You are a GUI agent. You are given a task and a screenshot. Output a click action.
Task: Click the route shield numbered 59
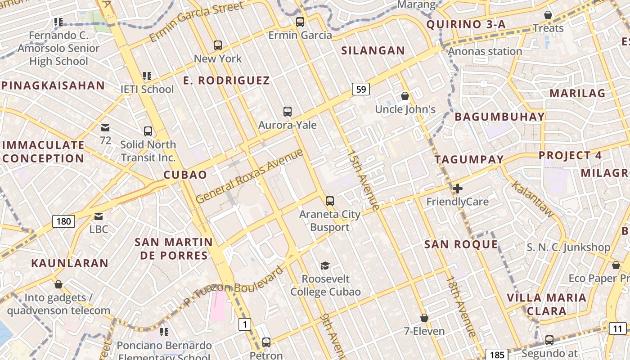[x=361, y=89]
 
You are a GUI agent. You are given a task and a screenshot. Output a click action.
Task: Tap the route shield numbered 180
[x=63, y=221]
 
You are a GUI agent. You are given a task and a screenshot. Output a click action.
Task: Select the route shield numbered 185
[x=497, y=355]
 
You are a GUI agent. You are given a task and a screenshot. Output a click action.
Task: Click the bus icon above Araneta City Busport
[x=330, y=201]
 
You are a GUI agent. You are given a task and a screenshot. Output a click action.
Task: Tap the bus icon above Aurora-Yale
[x=287, y=111]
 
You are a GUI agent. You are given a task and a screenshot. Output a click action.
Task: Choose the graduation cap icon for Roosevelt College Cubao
[x=325, y=265]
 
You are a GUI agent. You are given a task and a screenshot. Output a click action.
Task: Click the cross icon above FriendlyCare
[x=458, y=188]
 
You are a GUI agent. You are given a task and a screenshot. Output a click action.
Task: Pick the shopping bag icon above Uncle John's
[x=405, y=96]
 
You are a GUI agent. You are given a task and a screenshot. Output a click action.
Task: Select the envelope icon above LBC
[x=99, y=216]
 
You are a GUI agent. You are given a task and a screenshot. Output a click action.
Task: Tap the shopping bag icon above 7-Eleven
[x=424, y=318]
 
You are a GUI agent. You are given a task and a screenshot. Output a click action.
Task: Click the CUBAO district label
[x=185, y=175]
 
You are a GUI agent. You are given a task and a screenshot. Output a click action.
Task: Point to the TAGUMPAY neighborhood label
[x=469, y=160]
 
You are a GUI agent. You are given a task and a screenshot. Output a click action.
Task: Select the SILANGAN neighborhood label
[x=373, y=50]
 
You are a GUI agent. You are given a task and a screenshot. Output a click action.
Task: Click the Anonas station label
[x=485, y=51]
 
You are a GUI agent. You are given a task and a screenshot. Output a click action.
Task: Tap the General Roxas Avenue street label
[x=249, y=176]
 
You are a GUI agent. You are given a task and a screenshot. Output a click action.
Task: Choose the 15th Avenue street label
[x=363, y=180]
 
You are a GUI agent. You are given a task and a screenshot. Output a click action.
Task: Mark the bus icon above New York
[x=218, y=45]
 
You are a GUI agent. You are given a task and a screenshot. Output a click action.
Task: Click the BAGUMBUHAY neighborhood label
[x=499, y=117]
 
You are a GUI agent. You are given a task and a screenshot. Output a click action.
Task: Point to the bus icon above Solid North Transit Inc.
[x=148, y=131]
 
